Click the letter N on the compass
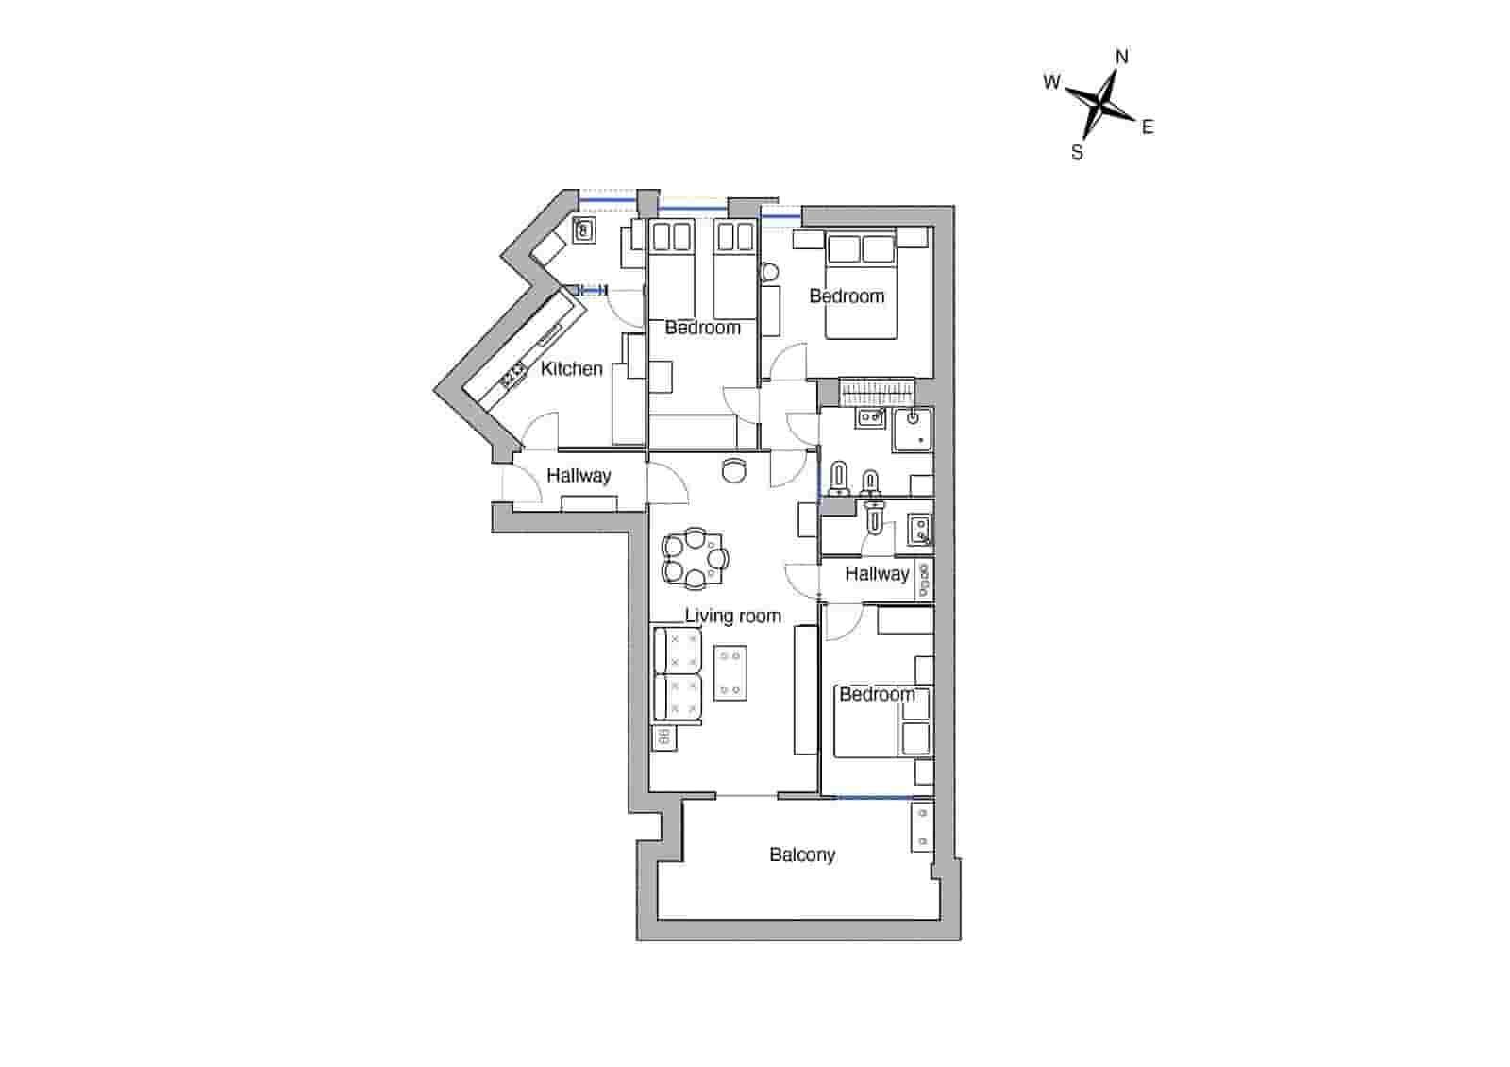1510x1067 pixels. (x=1122, y=57)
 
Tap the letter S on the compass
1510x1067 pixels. (x=1077, y=152)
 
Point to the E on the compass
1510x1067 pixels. (x=1148, y=127)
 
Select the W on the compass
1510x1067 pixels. (x=1051, y=81)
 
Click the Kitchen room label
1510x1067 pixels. (x=571, y=368)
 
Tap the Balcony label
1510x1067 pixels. (x=802, y=855)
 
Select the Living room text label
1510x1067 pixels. (x=733, y=616)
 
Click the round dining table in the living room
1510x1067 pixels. (x=695, y=558)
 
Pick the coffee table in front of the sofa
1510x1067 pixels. (x=730, y=672)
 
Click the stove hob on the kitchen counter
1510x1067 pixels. (x=513, y=375)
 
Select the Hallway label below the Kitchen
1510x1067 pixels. (x=579, y=475)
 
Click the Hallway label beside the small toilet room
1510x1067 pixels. (x=877, y=573)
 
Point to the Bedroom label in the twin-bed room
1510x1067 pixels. (x=703, y=328)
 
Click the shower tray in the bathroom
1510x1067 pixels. (x=913, y=430)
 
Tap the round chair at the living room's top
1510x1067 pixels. (x=734, y=469)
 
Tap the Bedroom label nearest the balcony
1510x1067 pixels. (x=877, y=694)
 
